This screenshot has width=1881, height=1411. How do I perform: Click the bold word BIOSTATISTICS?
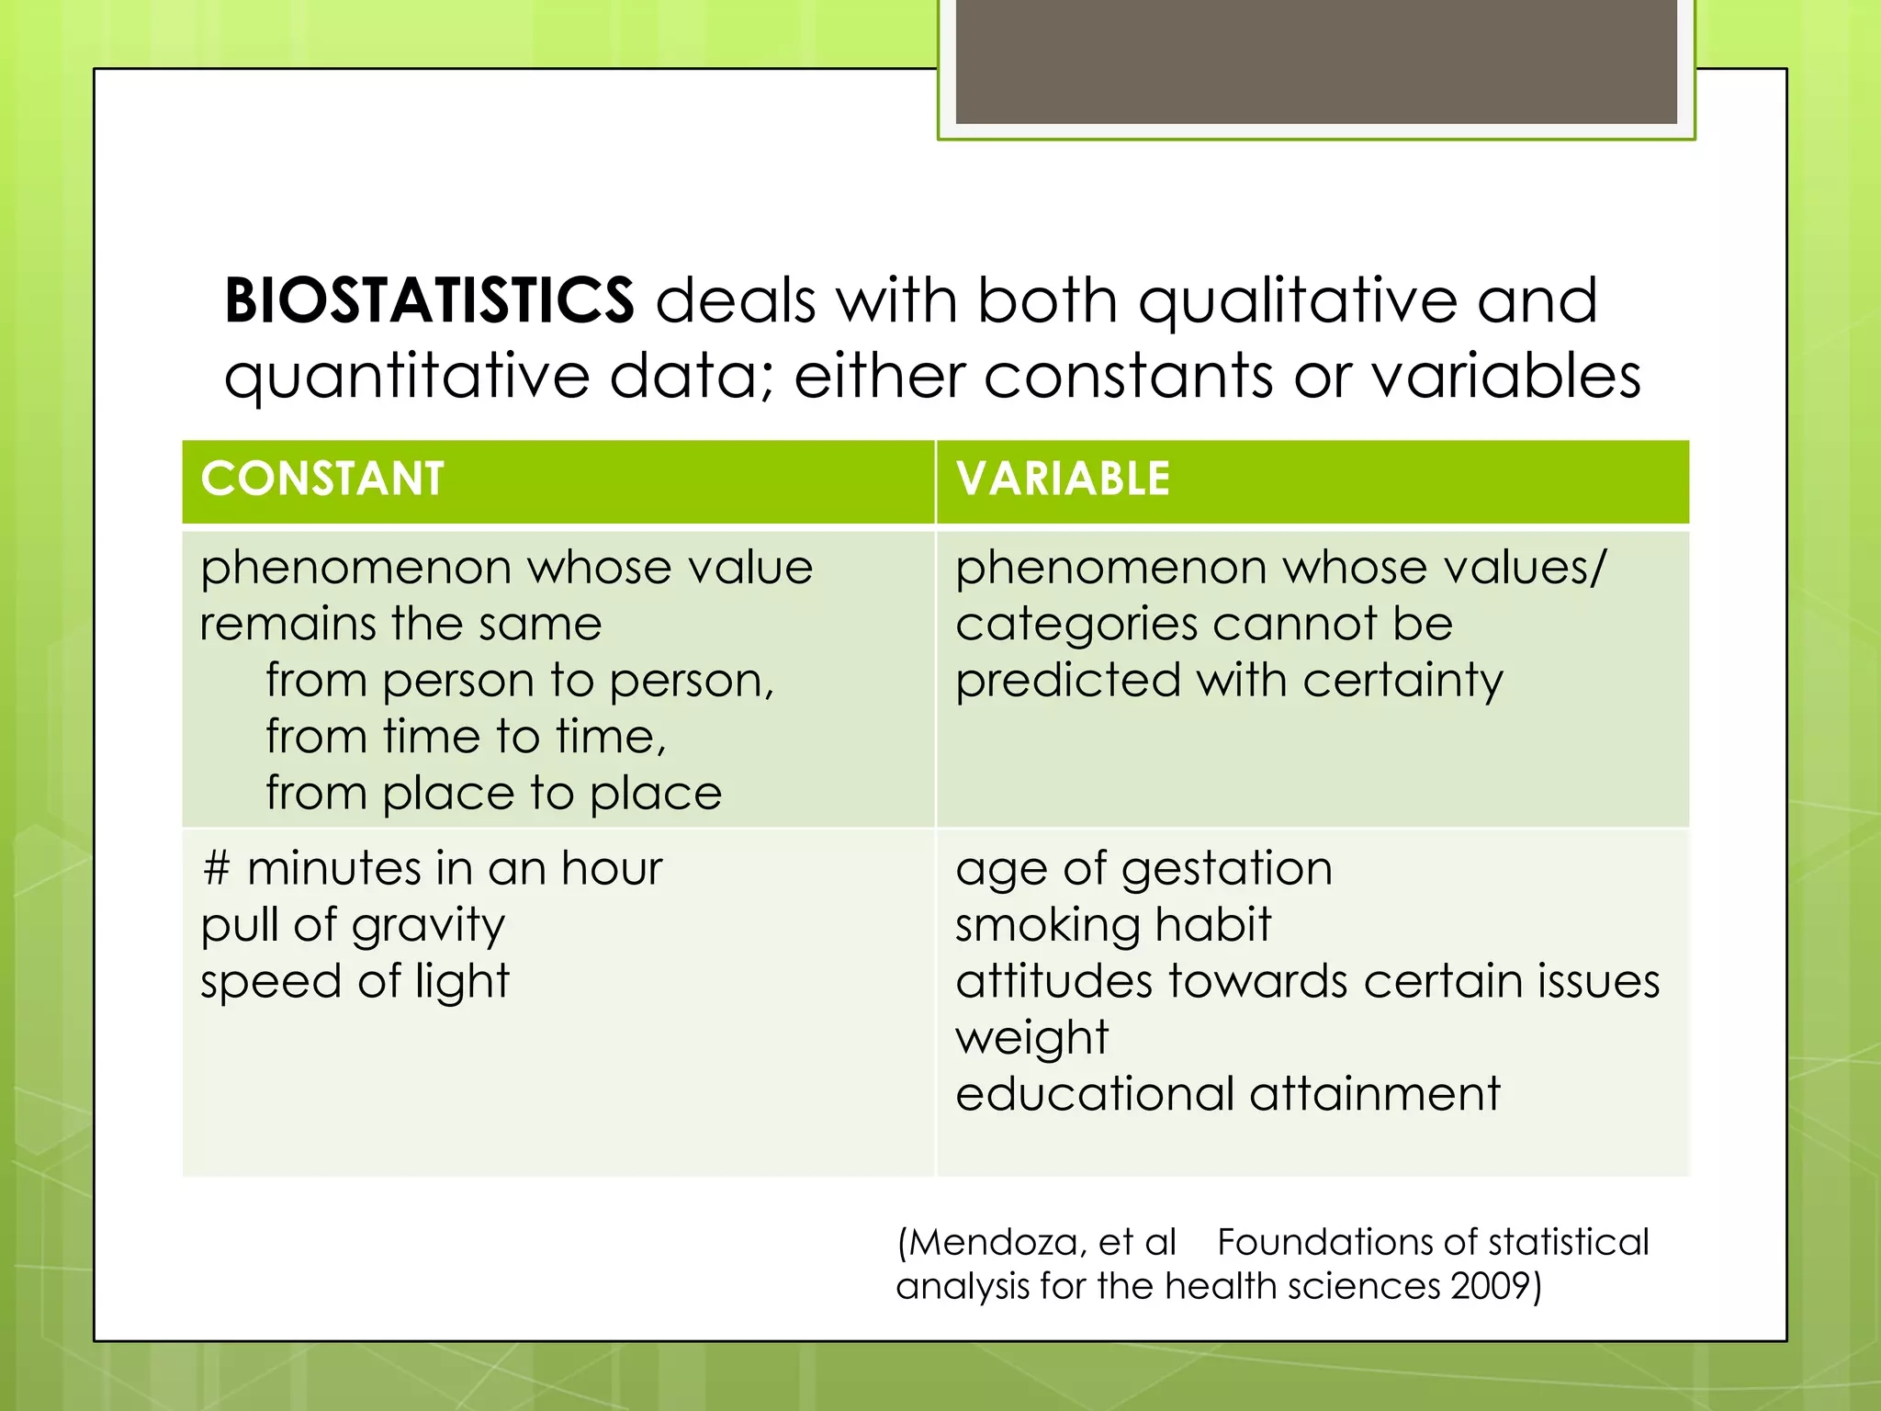(429, 300)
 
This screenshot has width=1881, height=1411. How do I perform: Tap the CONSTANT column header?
(322, 480)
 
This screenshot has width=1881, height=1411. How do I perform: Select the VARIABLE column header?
(1063, 480)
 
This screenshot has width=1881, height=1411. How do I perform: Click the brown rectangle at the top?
(1316, 61)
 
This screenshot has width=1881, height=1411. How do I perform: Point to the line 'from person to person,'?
(520, 682)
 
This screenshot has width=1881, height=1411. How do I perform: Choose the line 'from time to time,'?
(466, 738)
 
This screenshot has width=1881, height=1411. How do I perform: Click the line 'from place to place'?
(493, 794)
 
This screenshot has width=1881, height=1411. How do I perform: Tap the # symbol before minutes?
(216, 868)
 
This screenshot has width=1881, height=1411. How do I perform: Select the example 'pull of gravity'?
(353, 926)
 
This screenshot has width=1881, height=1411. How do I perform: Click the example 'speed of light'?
(355, 982)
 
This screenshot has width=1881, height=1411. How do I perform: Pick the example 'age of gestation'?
(1143, 869)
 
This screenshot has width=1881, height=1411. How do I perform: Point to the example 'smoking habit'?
(1113, 925)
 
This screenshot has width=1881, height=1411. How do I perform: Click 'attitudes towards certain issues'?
(1307, 982)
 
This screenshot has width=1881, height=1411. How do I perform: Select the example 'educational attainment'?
(1227, 1094)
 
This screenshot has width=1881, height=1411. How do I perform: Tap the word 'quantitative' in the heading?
(407, 377)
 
